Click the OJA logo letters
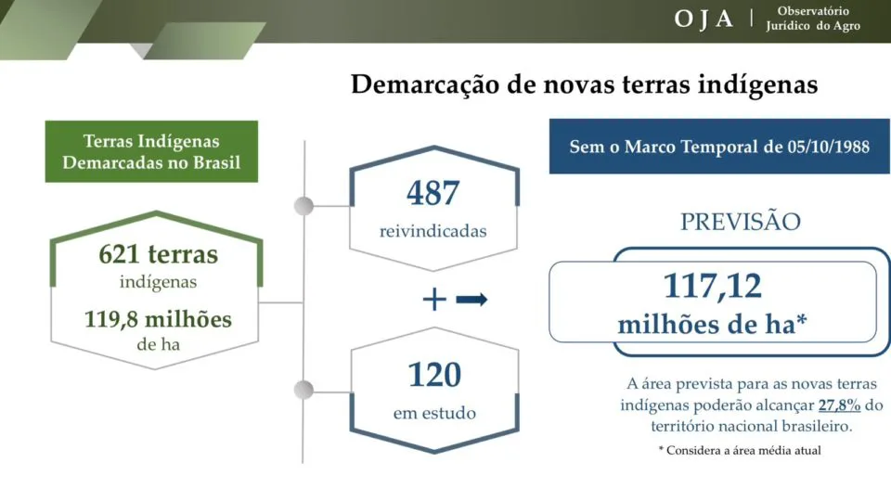(704, 19)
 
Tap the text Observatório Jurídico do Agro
(813, 19)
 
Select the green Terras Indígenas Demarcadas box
(151, 151)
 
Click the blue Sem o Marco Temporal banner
(719, 146)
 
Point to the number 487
(433, 193)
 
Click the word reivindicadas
(433, 231)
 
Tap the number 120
(434, 374)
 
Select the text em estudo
(434, 412)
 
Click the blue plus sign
(434, 299)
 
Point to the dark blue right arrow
(471, 299)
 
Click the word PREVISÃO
(741, 221)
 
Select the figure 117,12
(713, 286)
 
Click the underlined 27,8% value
(839, 405)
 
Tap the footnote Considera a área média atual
(740, 451)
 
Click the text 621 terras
(159, 254)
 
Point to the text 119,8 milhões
(158, 319)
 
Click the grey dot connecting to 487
(304, 206)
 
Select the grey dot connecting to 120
(304, 391)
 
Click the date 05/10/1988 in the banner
(829, 147)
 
